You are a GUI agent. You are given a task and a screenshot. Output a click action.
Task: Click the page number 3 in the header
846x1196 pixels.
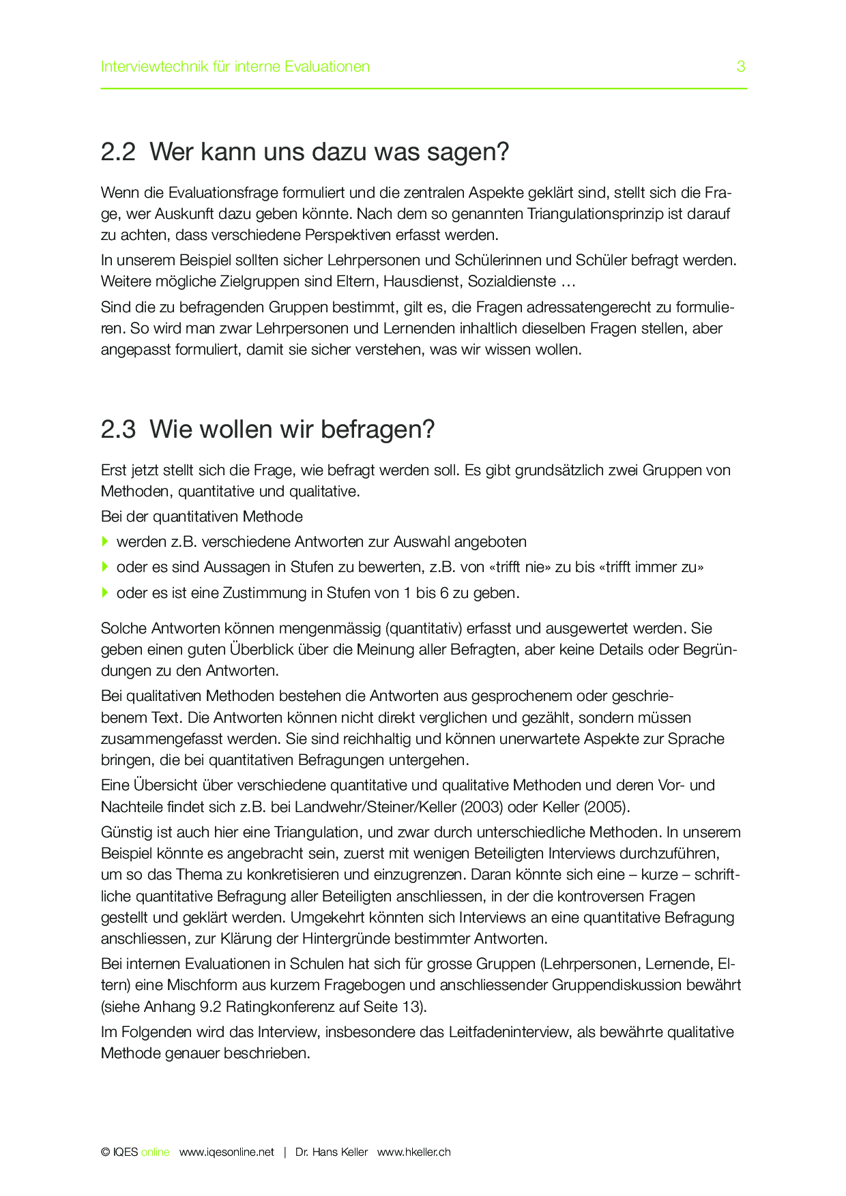[x=741, y=67]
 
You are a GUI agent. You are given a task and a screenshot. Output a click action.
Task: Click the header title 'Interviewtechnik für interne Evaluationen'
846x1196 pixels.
[x=235, y=67]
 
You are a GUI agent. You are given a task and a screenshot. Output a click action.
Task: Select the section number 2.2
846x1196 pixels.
[x=118, y=152]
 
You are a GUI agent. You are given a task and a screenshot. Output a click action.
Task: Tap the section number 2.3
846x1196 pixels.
[x=118, y=430]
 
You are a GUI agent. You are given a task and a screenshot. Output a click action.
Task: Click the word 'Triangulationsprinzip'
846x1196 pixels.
[x=595, y=214]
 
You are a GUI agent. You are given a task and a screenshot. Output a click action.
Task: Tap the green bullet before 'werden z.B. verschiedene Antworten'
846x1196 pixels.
[x=105, y=541]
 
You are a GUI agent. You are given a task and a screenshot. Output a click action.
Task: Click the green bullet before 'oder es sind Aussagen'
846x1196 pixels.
[x=105, y=567]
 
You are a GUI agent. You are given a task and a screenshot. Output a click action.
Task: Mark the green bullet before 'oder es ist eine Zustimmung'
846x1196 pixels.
[x=105, y=593]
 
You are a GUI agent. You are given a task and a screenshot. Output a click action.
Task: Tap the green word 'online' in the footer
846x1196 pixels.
[x=155, y=1152]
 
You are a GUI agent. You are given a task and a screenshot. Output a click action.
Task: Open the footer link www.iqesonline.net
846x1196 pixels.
[x=227, y=1152]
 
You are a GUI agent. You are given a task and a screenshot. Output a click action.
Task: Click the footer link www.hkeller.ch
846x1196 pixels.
[x=414, y=1152]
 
